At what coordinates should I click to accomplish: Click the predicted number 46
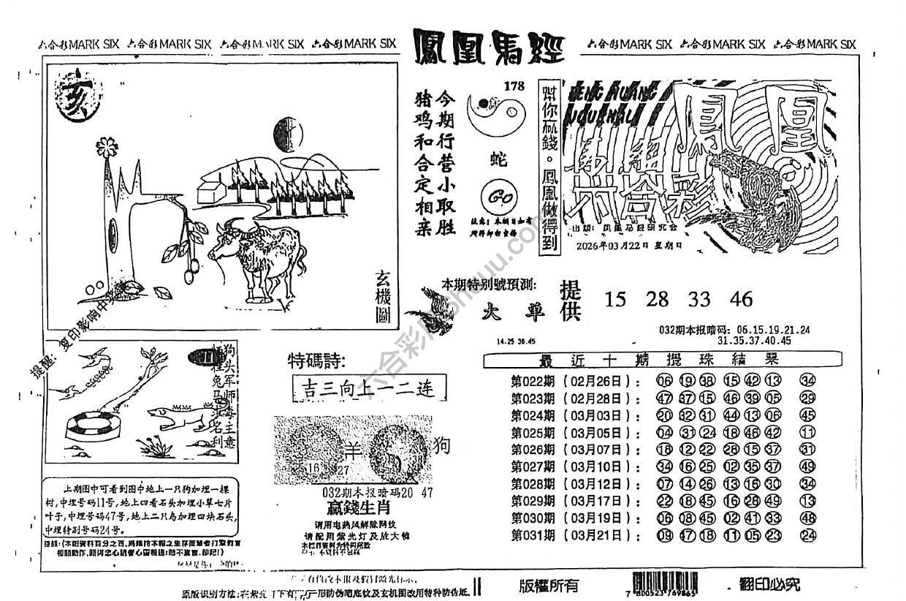click(x=740, y=299)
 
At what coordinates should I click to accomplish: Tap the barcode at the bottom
click(x=658, y=584)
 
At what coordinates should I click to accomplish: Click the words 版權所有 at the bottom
click(x=548, y=584)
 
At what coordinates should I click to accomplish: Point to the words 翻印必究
click(x=769, y=584)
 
